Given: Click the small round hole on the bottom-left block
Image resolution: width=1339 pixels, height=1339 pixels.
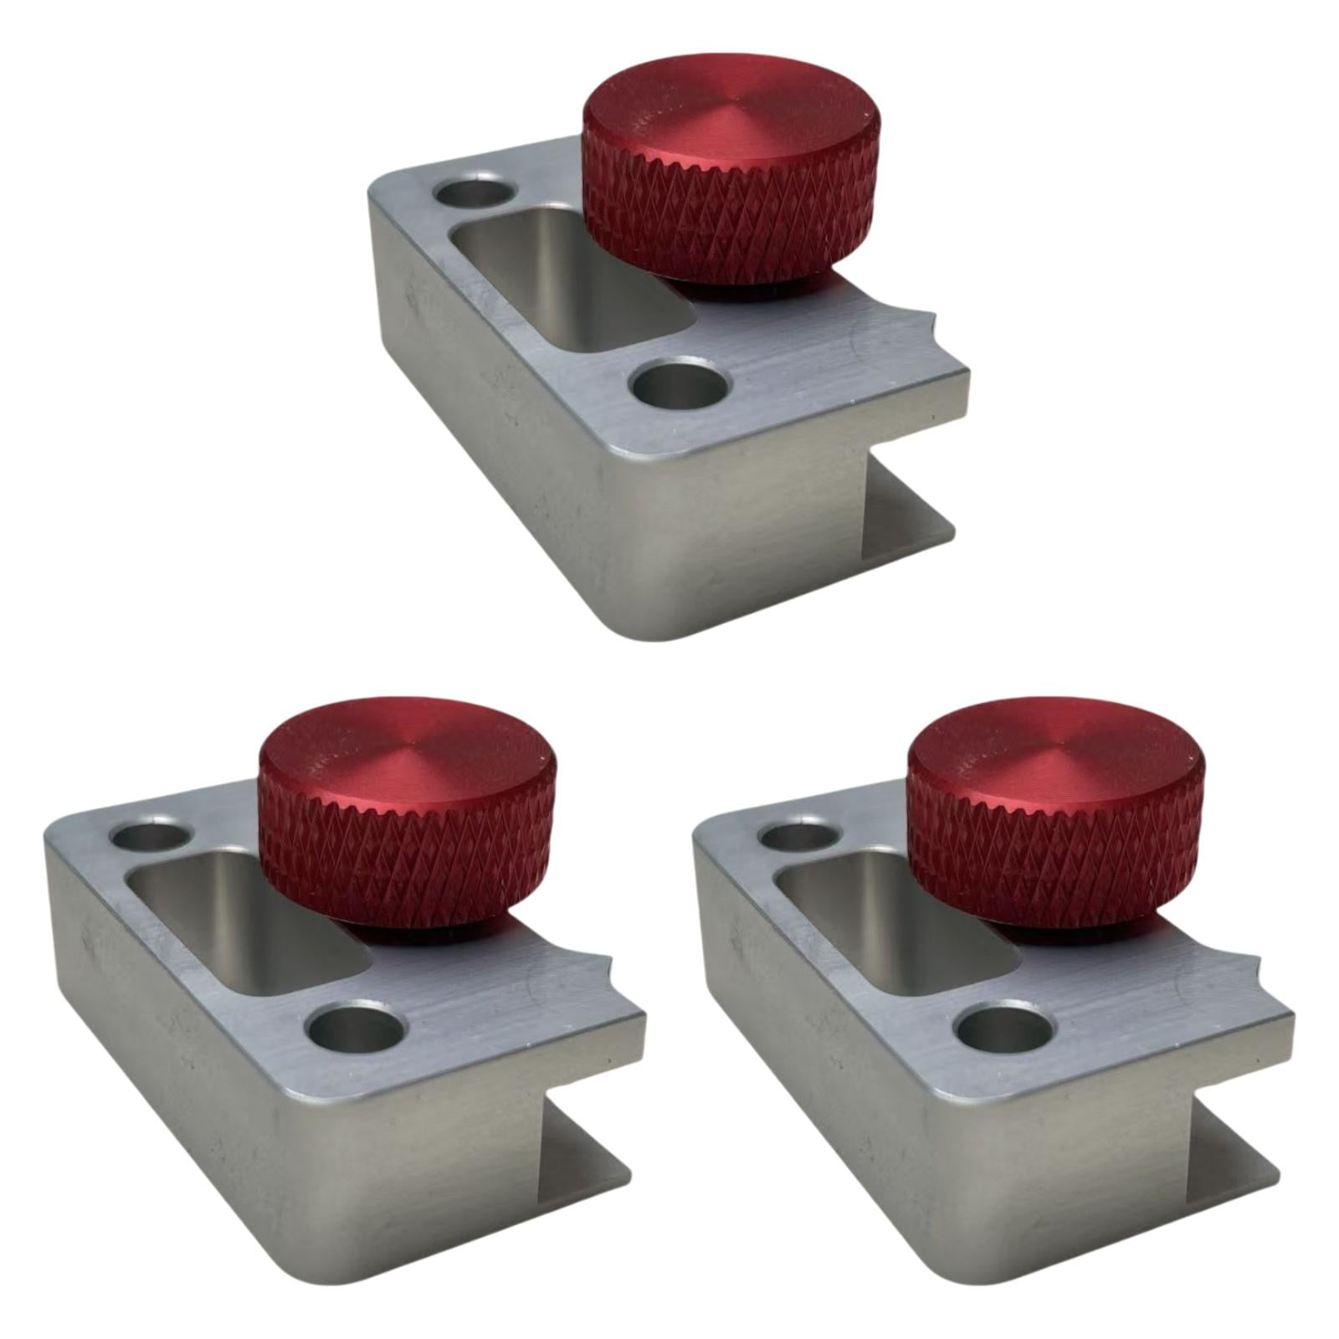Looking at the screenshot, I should pyautogui.click(x=149, y=836).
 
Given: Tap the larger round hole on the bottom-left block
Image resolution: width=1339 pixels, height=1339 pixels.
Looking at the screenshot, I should pyautogui.click(x=355, y=1026).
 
